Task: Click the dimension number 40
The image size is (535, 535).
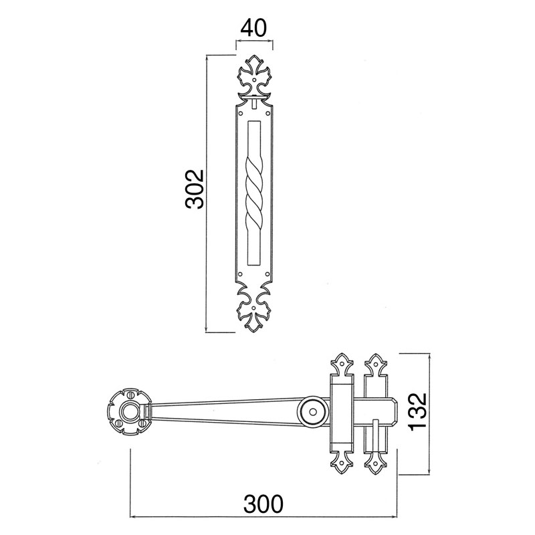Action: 253,28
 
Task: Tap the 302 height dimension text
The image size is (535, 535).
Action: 195,189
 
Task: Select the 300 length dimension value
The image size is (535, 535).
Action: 263,504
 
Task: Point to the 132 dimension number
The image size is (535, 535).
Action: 418,412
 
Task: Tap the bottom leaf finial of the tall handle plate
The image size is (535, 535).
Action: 254,309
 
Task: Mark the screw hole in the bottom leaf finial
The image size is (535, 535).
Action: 253,308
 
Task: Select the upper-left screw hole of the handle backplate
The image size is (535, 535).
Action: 241,113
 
